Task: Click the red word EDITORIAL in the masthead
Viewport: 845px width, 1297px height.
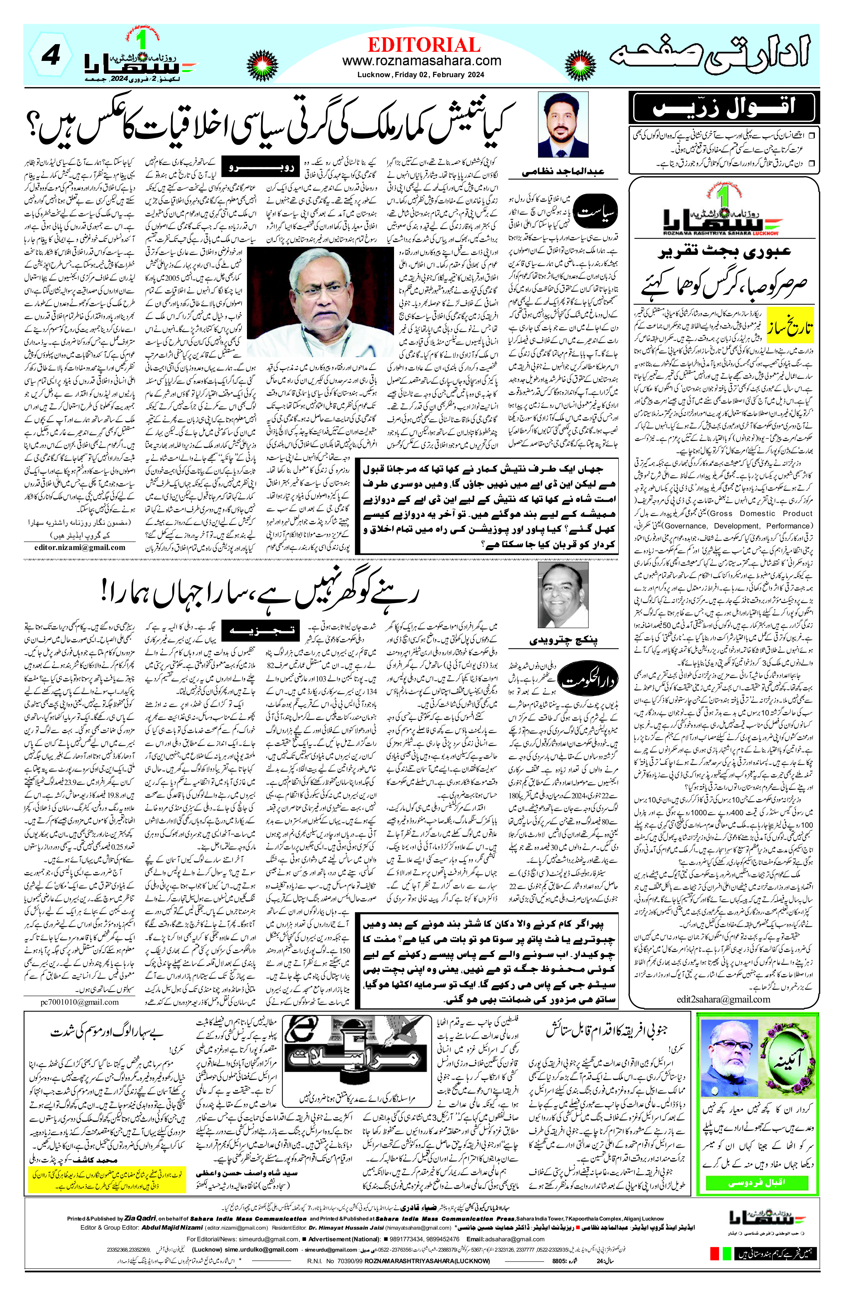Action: point(423,45)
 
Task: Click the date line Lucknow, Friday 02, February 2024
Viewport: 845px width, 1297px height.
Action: point(422,75)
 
